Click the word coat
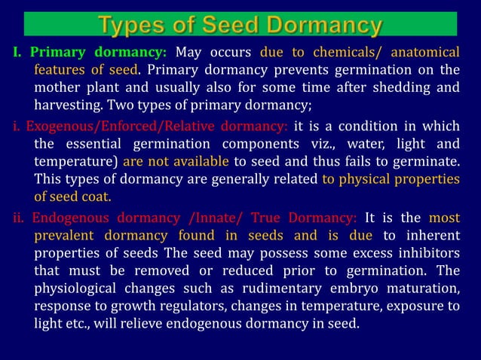tap(94, 198)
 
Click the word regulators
tap(189, 308)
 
